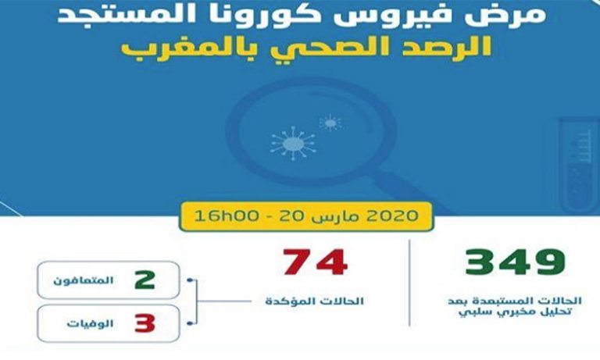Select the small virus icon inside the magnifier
click(x=331, y=123)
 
